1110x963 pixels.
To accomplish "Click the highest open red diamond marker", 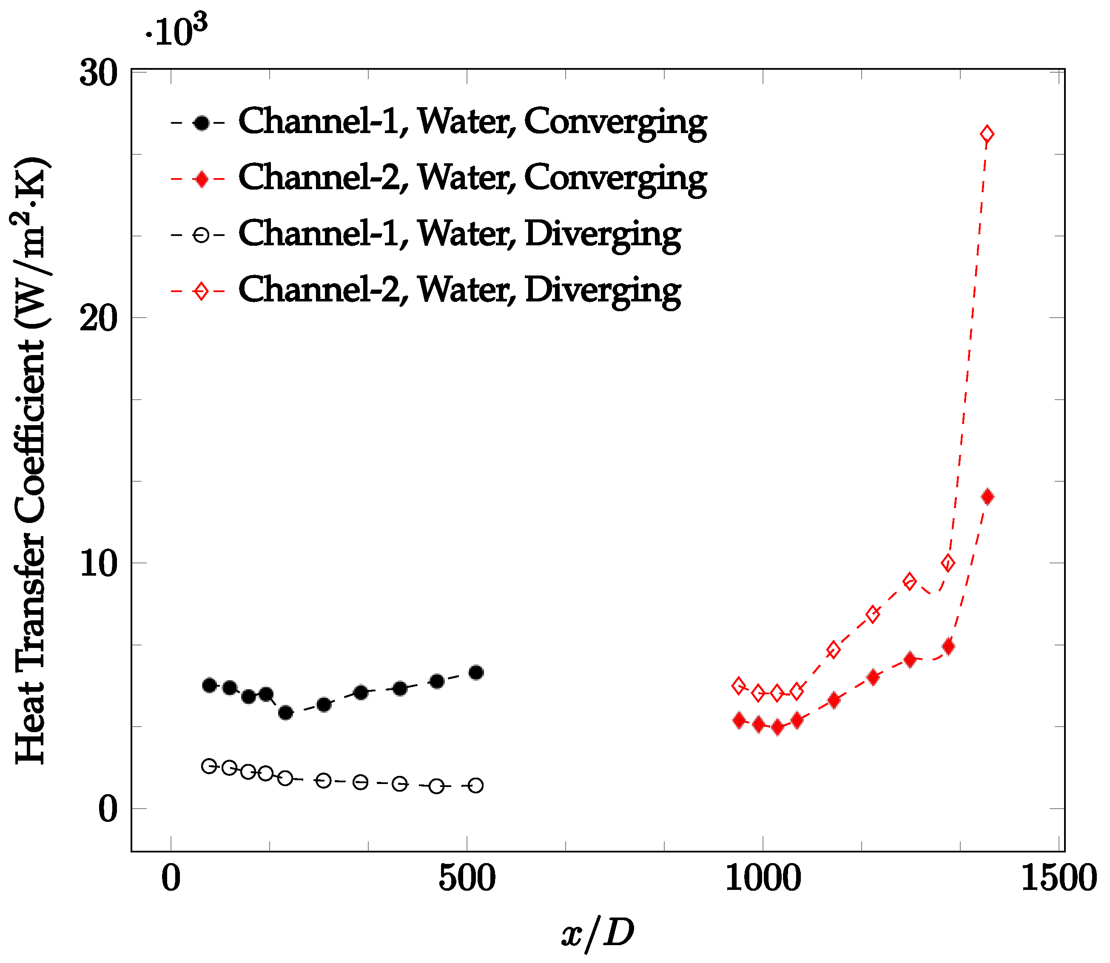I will [x=987, y=134].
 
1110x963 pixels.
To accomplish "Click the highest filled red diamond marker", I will [x=988, y=497].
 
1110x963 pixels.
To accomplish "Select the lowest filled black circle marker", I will [x=286, y=713].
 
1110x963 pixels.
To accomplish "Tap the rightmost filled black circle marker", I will [x=476, y=673].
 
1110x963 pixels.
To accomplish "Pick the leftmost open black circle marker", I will [x=209, y=766].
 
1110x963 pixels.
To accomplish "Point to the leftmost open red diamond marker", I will [x=739, y=686].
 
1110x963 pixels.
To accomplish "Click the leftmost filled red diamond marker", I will [x=739, y=721].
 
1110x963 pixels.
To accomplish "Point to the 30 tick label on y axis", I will [x=98, y=73].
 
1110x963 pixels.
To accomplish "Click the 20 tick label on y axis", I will [x=98, y=319].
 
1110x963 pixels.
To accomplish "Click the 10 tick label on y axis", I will [x=98, y=564].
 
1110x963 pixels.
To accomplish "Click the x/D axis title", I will [x=597, y=932].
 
